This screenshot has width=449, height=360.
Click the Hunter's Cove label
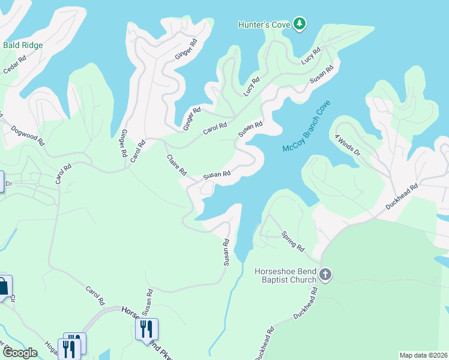coord(264,25)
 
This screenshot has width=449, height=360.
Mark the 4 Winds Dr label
coord(348,145)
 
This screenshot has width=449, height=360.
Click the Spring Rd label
coord(293,240)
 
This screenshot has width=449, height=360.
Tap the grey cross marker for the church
coord(325,275)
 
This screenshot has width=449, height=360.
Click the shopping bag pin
coord(3,286)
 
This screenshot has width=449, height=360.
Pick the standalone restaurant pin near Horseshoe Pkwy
coord(146,329)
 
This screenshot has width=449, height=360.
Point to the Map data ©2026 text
coord(423,355)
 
